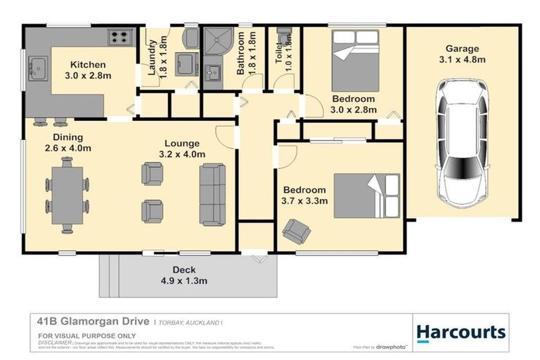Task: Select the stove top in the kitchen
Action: [x=118, y=37]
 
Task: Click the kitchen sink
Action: [x=36, y=69]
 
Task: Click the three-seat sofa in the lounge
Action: [x=212, y=193]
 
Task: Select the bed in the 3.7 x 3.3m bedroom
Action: [x=366, y=195]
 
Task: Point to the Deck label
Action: [x=184, y=269]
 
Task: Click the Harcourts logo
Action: [x=461, y=332]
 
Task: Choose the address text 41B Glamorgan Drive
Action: [x=93, y=321]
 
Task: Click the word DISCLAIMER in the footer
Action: [x=54, y=342]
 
